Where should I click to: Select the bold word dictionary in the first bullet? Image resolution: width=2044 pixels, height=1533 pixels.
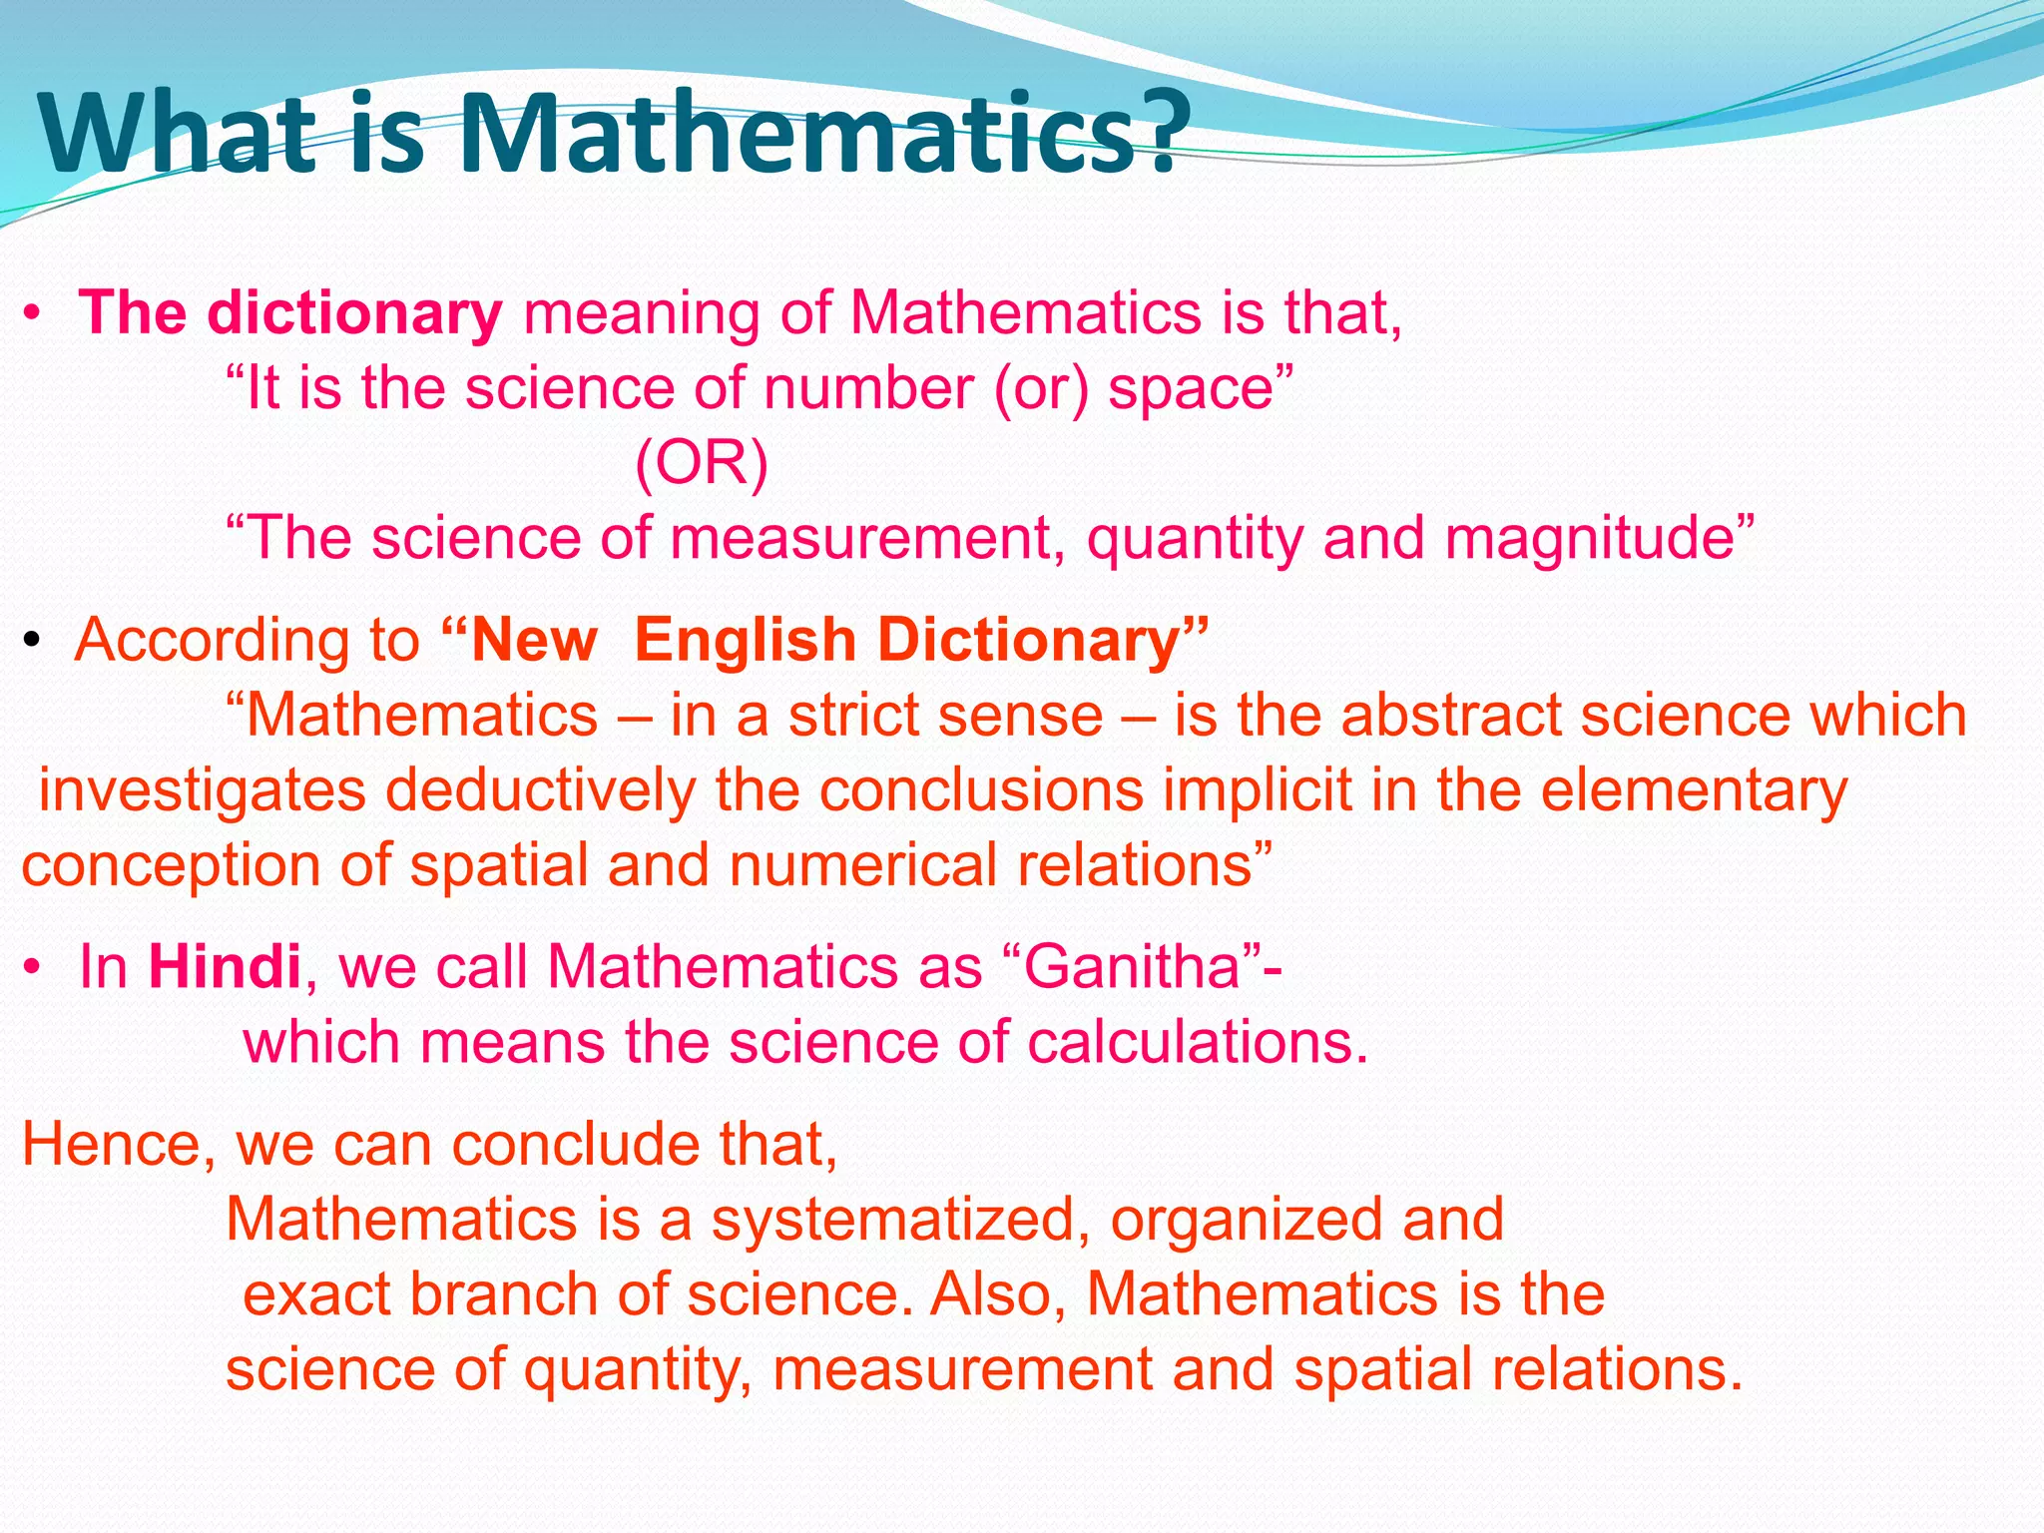click(x=354, y=313)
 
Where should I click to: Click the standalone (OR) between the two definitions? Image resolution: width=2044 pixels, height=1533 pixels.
click(x=702, y=463)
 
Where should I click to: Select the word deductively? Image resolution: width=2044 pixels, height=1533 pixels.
click(x=540, y=790)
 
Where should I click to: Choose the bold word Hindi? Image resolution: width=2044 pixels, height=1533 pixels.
click(x=225, y=967)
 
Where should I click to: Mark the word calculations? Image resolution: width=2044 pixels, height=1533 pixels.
click(x=1197, y=1042)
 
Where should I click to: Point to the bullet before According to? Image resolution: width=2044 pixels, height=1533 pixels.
click(x=33, y=641)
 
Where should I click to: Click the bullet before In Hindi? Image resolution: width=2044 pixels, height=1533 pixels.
click(x=33, y=968)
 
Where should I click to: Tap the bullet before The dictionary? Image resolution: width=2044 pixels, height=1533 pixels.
click(x=33, y=314)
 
